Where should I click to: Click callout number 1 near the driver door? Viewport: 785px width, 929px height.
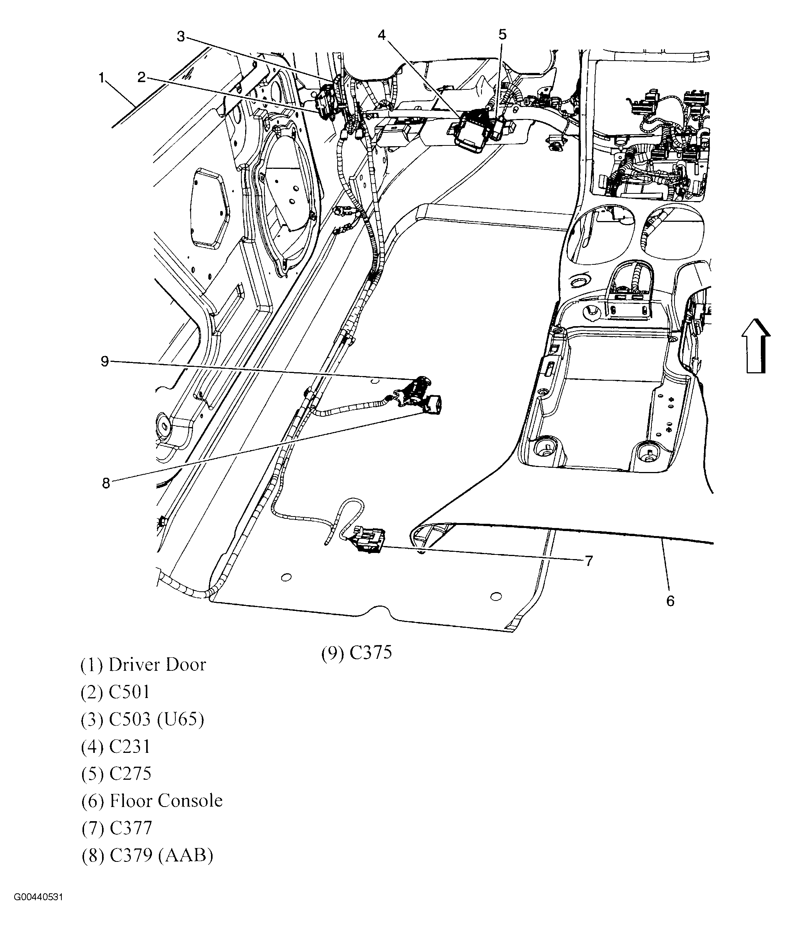click(101, 78)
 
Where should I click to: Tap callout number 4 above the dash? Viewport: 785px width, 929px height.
click(382, 35)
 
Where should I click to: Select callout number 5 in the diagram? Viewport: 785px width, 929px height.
click(502, 34)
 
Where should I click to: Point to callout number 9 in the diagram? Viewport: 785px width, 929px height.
click(105, 361)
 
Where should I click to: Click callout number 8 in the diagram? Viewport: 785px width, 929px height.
click(106, 483)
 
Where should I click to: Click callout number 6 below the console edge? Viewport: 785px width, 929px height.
click(670, 601)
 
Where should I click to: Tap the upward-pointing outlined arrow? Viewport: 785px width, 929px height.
click(755, 345)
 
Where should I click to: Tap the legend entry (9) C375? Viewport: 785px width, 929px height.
click(356, 653)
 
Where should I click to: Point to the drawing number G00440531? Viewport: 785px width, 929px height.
click(38, 909)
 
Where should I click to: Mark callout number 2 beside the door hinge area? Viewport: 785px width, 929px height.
click(142, 78)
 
